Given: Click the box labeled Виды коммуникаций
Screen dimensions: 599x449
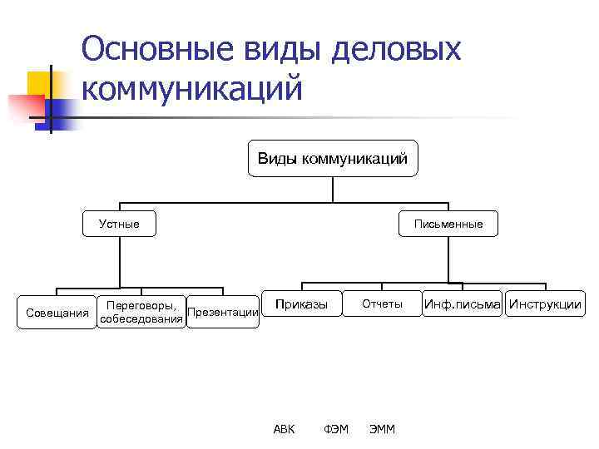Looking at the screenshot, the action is [333, 159].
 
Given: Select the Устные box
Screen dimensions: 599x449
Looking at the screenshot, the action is [120, 224].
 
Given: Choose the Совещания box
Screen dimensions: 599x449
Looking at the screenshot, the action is [57, 313].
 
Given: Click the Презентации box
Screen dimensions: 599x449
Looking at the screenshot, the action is [223, 313].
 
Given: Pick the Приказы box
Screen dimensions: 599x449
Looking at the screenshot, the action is [301, 304].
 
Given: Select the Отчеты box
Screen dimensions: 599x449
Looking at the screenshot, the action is [382, 304].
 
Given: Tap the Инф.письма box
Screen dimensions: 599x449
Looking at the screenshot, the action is [463, 304].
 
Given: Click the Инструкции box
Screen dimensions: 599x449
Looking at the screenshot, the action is [545, 304].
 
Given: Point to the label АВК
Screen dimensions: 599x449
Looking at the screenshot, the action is [284, 429].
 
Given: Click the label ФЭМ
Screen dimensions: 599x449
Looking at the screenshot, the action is [336, 429].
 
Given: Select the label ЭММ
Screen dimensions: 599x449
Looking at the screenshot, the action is [383, 429].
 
